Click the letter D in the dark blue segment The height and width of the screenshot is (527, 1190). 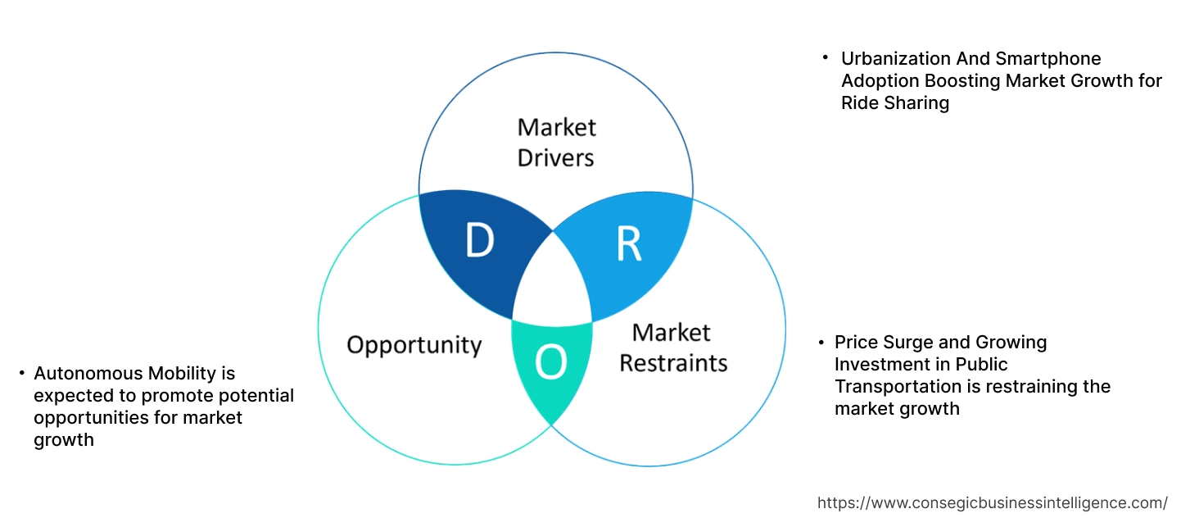(479, 241)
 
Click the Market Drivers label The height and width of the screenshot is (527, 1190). (556, 142)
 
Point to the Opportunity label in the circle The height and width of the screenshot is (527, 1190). (414, 344)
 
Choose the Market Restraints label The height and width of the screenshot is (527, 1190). (672, 347)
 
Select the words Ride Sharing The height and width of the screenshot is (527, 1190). (895, 103)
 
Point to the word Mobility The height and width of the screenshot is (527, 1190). (187, 374)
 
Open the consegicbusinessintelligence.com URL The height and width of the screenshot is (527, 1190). (993, 503)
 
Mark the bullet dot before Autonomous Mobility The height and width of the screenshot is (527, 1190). (21, 374)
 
